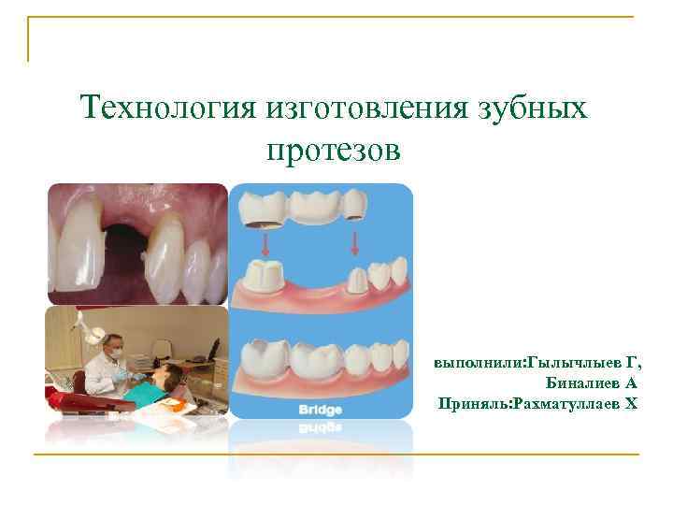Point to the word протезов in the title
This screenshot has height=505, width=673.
pos(334,149)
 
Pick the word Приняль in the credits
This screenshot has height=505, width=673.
pos(470,403)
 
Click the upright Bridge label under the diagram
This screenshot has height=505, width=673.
pos(321,410)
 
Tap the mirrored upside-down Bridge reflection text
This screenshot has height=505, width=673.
pos(321,426)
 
